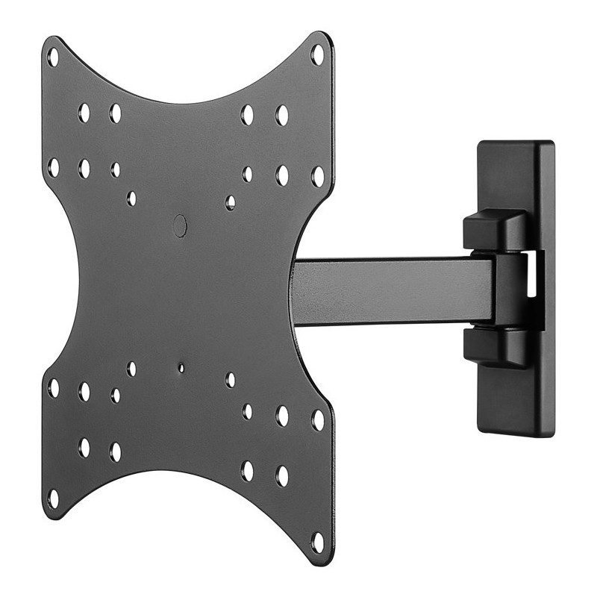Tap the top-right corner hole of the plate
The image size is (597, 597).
tap(317, 54)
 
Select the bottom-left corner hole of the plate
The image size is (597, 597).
tap(53, 498)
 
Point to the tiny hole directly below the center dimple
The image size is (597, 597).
tap(181, 367)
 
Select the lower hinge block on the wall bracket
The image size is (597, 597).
tap(496, 346)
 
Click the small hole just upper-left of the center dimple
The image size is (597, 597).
tap(131, 199)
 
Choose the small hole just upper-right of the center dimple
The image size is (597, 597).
tap(231, 202)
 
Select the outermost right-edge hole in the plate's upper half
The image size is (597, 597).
tap(318, 177)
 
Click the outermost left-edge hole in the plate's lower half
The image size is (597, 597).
tap(53, 388)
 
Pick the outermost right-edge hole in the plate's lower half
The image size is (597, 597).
tap(318, 420)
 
